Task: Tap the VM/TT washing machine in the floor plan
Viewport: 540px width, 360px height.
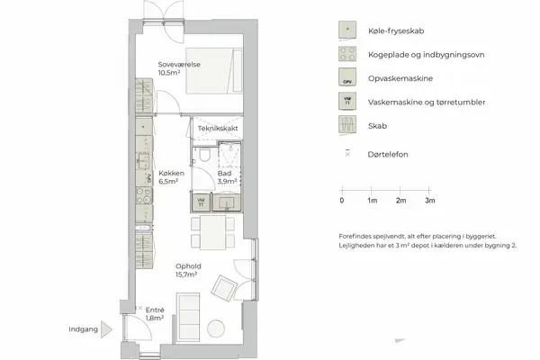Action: (x=202, y=202)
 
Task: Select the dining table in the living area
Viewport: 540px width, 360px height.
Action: (x=211, y=236)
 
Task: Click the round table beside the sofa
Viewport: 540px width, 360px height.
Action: (x=216, y=328)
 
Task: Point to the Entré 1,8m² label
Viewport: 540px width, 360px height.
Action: (x=155, y=314)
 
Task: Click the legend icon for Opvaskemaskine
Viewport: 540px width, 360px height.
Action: (x=346, y=78)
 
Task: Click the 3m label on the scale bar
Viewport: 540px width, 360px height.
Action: (x=430, y=201)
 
